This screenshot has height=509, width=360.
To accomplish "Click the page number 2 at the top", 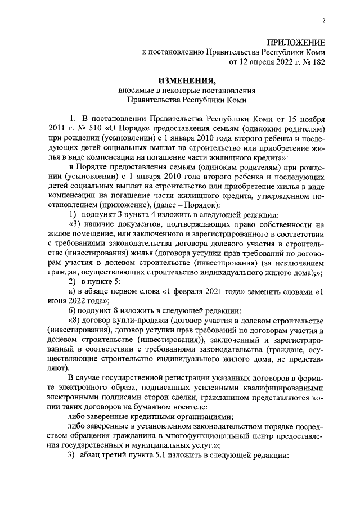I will tap(324, 21).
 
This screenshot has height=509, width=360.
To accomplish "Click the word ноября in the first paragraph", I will tap(312, 119).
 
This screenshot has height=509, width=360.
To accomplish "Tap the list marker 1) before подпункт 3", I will tap(73, 215).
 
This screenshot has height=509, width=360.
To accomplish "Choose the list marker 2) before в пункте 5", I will tap(73, 281).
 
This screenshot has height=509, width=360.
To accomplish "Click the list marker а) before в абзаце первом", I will tap(73, 291).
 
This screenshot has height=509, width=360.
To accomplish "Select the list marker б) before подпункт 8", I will tap(73, 310).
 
